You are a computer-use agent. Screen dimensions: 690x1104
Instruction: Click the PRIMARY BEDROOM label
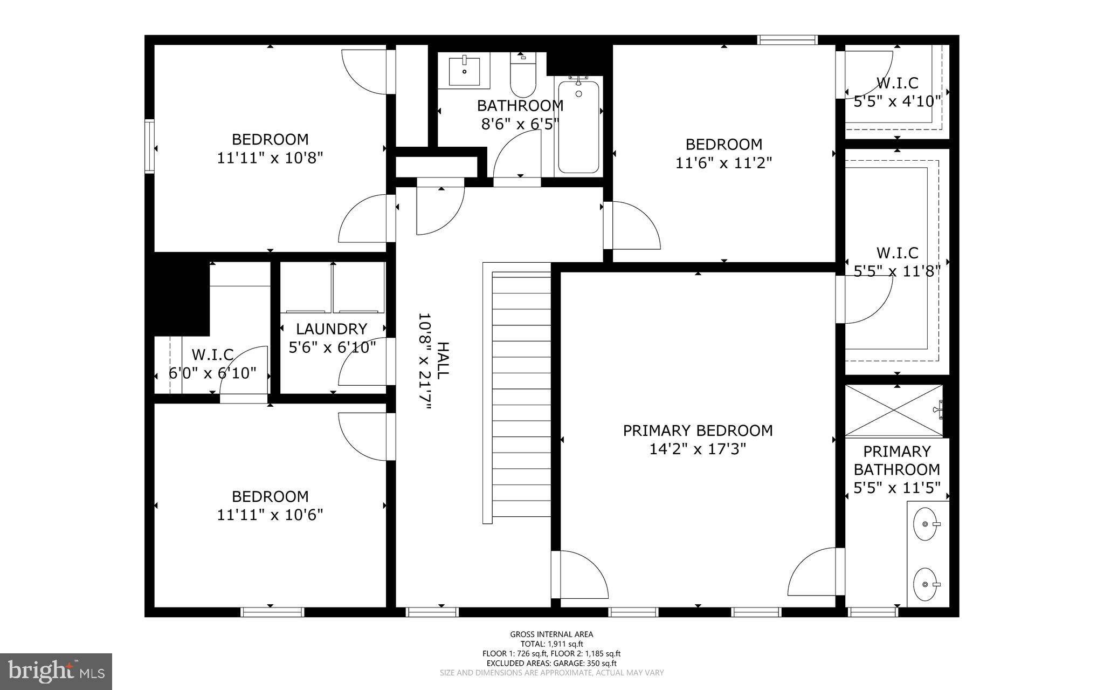coord(698,431)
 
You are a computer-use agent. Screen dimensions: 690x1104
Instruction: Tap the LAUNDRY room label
coord(332,329)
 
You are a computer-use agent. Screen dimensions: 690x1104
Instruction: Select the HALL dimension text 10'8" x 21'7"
coord(425,362)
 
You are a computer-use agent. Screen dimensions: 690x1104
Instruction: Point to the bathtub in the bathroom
coord(578,127)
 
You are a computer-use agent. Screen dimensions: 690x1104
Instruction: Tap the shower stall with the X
coord(893,411)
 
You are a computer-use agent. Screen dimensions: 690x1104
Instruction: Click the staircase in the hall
coord(521,394)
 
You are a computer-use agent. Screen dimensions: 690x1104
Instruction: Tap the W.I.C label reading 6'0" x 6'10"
coord(212,373)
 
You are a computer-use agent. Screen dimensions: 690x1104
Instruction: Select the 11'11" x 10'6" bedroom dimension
coord(270,515)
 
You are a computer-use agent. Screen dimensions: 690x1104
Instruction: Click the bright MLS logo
coord(56,671)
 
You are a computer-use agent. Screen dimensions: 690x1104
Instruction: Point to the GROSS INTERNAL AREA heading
coord(551,634)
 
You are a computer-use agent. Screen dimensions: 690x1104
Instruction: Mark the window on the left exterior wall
coord(149,146)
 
